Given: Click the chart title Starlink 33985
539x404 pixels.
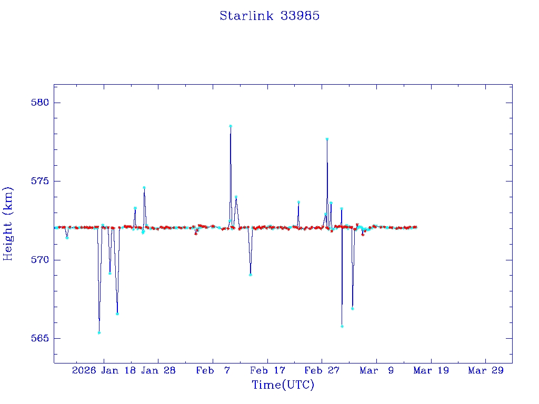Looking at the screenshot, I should point(269,16).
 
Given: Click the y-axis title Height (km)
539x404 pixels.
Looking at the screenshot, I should point(8,224).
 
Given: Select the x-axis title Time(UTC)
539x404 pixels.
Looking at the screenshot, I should point(283,385).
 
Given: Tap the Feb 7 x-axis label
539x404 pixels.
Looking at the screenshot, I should point(213,370).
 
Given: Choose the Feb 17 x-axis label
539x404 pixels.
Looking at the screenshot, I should point(267,370).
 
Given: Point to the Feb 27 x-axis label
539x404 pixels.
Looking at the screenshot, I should point(322,370).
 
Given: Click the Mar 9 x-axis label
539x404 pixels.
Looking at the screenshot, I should point(376,370).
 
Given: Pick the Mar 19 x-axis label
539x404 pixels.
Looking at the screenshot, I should point(431,370).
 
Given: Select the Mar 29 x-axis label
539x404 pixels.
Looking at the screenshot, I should point(485,370).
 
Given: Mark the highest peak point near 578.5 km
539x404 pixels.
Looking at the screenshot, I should point(231,126).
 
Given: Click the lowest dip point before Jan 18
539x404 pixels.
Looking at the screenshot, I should point(99,332).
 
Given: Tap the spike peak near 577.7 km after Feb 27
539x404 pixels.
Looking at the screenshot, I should point(327,139).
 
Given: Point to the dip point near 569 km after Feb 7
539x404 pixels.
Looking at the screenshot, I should point(251,275).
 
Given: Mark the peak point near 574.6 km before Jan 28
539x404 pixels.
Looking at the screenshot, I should point(144,188).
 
